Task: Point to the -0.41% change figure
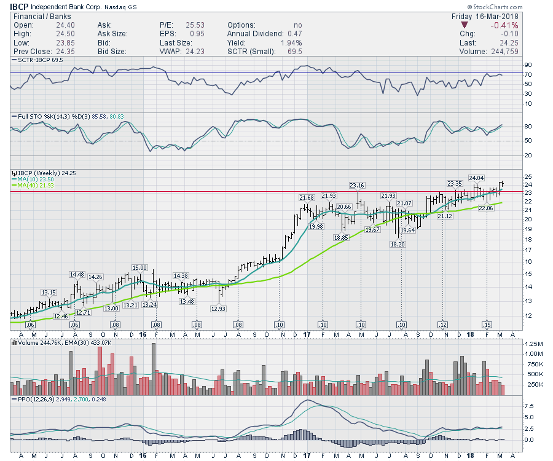506,25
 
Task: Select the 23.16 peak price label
358,185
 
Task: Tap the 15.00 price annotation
139,267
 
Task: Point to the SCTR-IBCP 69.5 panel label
43,60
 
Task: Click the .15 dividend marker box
487,324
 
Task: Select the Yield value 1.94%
291,43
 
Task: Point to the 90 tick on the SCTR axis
527,65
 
